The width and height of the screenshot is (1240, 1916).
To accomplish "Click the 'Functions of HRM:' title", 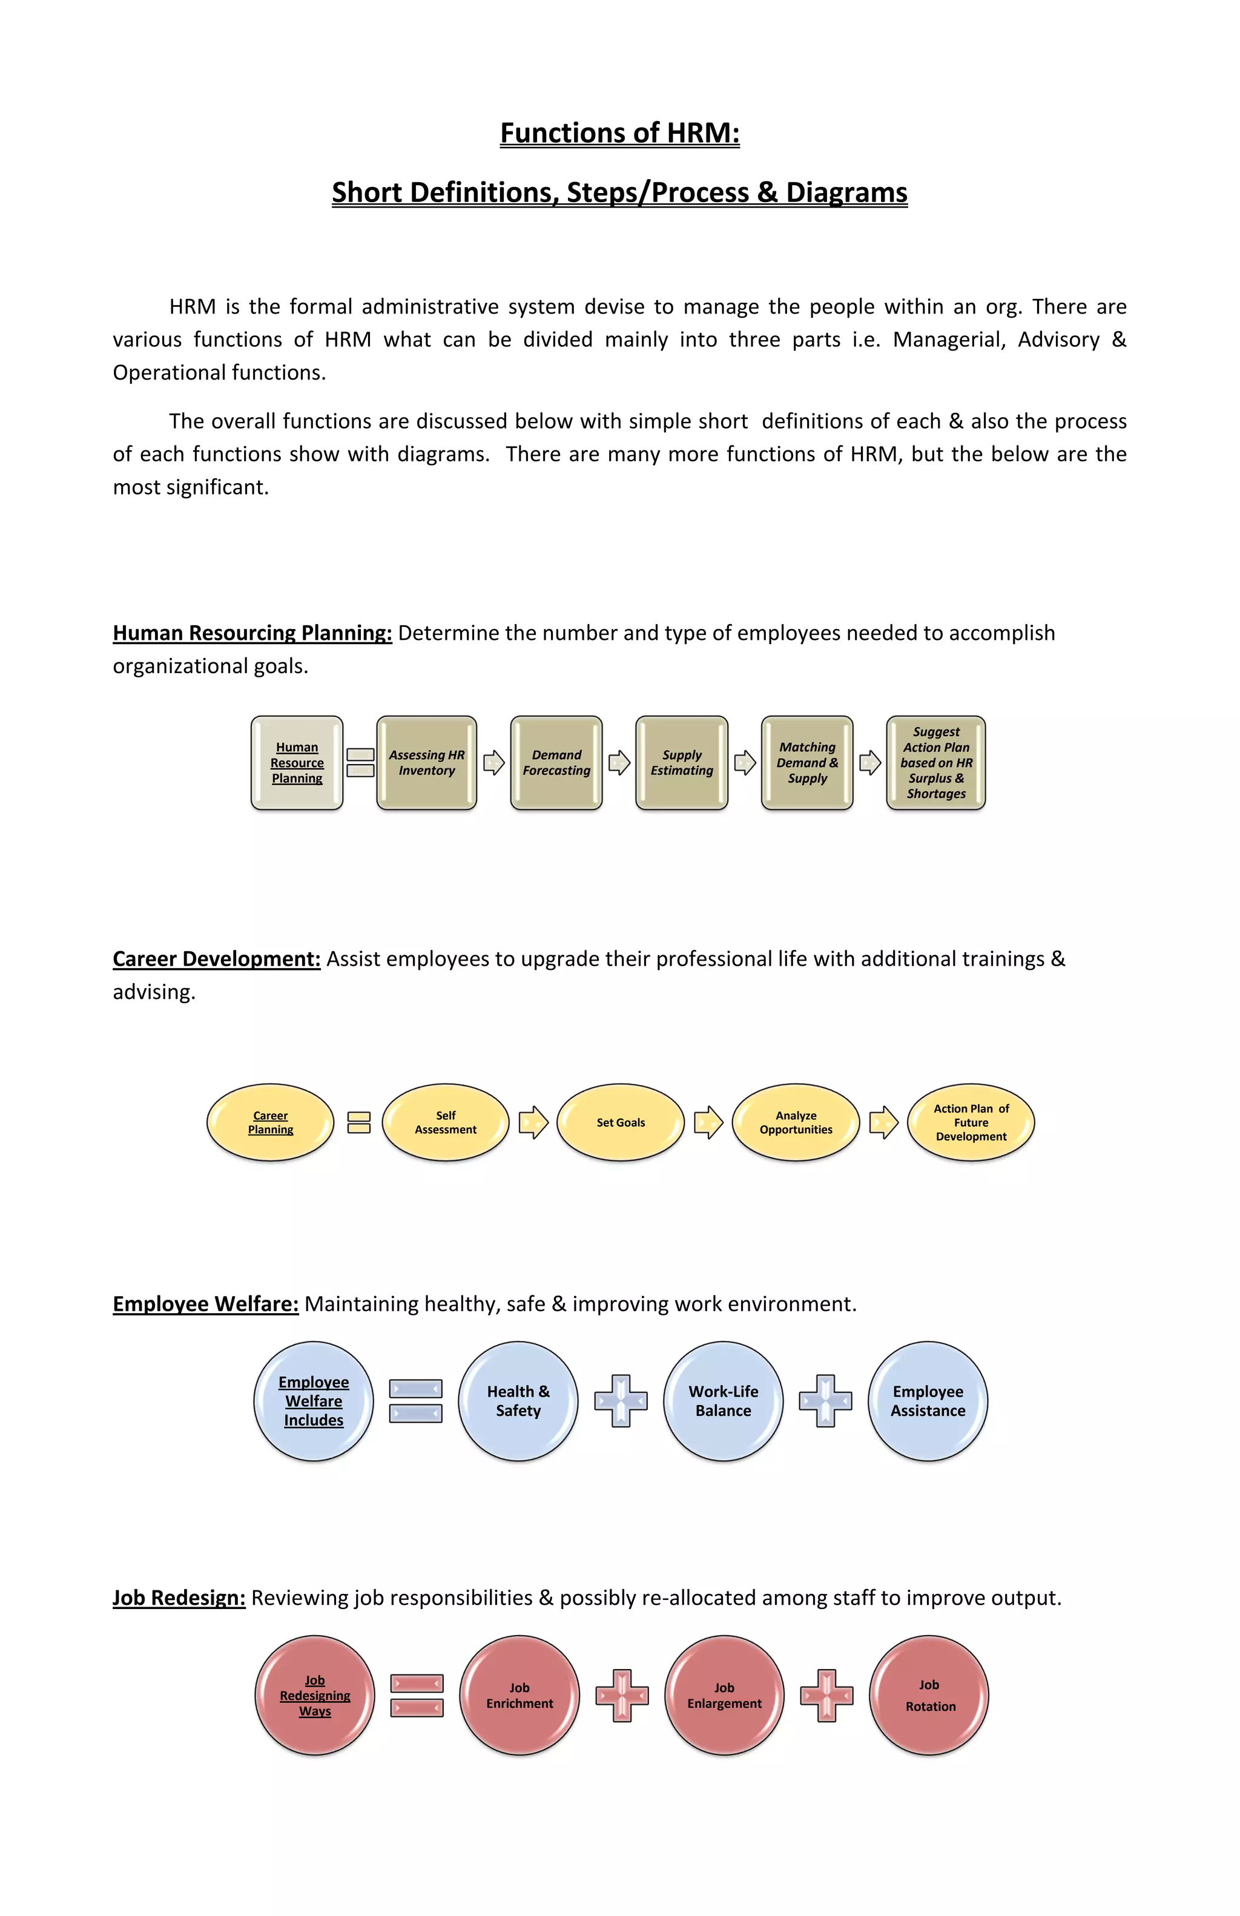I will pyautogui.click(x=619, y=133).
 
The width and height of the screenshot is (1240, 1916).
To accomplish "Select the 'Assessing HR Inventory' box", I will pyautogui.click(x=427, y=762).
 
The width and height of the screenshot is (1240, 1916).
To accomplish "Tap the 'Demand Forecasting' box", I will pyautogui.click(x=556, y=762).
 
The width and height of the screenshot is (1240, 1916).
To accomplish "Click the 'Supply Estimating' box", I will pyautogui.click(x=682, y=762).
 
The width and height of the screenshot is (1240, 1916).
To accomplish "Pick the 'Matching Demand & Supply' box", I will pyautogui.click(x=807, y=762).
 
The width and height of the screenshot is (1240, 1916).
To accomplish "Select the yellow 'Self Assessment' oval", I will pyautogui.click(x=445, y=1122).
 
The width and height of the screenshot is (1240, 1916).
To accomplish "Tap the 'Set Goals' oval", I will pyautogui.click(x=620, y=1122).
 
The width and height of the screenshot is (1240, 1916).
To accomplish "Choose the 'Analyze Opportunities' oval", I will pyautogui.click(x=796, y=1122).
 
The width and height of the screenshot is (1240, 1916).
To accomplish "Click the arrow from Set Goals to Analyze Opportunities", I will pyautogui.click(x=708, y=1122).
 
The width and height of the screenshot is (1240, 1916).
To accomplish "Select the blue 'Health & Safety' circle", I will pyautogui.click(x=518, y=1401).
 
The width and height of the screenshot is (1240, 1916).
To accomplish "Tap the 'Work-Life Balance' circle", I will pyautogui.click(x=723, y=1401).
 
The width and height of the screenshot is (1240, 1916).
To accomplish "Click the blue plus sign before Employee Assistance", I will pyautogui.click(x=825, y=1401).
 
